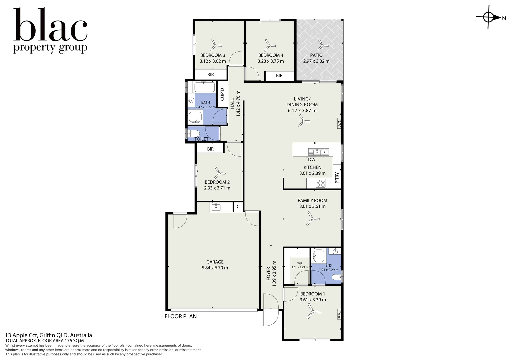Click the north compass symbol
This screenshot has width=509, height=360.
pos(489,18)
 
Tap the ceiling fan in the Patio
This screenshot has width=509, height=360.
pos(320,45)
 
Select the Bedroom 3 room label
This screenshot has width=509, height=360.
pos(213,55)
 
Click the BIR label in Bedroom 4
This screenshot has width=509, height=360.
pos(279,76)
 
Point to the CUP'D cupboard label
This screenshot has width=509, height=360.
pos(222,94)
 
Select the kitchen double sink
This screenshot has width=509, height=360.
pos(318,152)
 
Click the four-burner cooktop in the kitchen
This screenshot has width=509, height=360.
pos(321,183)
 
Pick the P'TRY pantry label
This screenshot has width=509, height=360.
pos(337,178)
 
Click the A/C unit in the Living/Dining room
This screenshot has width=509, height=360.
pos(339,123)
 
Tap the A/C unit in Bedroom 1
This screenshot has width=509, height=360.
pos(339,314)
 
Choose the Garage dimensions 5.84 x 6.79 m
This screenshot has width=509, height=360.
pos(215,268)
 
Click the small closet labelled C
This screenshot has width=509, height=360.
pos(238,207)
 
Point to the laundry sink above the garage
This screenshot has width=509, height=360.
pos(216,207)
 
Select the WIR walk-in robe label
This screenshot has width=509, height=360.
pos(300,263)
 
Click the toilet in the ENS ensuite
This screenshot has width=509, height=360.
pos(337,277)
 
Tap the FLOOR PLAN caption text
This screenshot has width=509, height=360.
pos(181,316)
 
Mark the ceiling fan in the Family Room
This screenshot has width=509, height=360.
pos(312,219)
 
